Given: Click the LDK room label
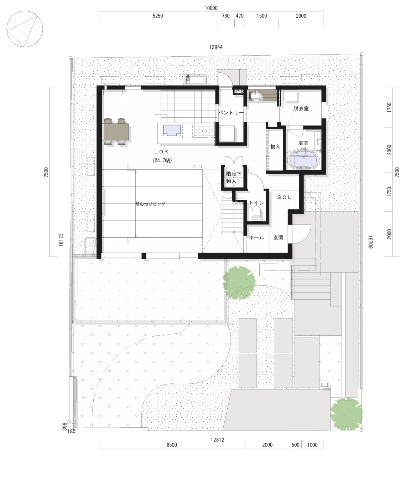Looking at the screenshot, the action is [x=162, y=152].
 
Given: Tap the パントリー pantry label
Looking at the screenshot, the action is [x=231, y=113].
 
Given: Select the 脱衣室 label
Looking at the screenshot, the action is [x=301, y=109].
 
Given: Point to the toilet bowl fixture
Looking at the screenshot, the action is [x=256, y=213].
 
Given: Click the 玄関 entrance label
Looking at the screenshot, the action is [x=278, y=238].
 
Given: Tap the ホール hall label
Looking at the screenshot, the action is [x=256, y=238].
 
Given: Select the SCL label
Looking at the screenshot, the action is [x=284, y=197].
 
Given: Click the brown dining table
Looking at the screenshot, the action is [x=116, y=132].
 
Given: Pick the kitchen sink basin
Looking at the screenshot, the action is [x=172, y=131].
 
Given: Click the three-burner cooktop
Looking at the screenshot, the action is [x=204, y=131].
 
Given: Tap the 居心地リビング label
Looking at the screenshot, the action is [x=150, y=204].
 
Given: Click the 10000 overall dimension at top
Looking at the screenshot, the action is [x=211, y=8].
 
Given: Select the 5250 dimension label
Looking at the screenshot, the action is [x=158, y=16].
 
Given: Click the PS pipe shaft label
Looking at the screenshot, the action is [x=239, y=91].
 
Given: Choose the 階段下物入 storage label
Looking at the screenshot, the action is [x=233, y=178].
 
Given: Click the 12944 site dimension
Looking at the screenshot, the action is [x=216, y=47].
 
